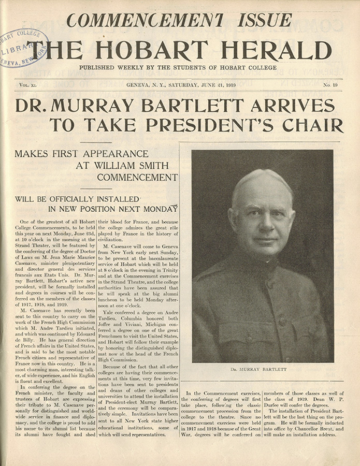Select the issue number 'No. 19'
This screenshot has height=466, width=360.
330,84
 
